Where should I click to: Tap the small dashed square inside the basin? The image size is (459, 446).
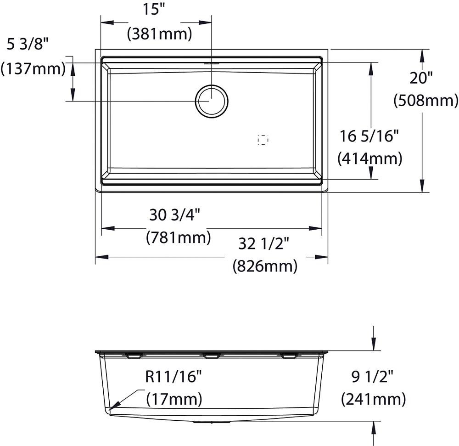263,140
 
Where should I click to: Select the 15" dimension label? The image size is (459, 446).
154,10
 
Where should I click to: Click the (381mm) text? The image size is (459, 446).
160,34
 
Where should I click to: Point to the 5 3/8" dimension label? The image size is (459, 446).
27,45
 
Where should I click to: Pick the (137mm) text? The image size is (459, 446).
33,69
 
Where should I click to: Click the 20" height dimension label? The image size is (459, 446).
421,78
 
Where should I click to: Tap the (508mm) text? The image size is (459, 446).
426,101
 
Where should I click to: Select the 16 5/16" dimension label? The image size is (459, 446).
369,136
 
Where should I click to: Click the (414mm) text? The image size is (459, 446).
369,159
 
